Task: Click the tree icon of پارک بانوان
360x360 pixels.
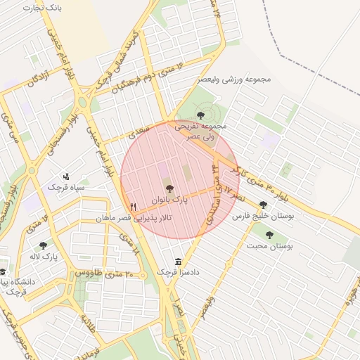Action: [x=169, y=188]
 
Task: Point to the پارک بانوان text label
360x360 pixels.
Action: [x=169, y=200]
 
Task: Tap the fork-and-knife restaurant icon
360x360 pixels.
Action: [x=133, y=207]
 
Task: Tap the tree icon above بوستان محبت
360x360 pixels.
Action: [x=269, y=234]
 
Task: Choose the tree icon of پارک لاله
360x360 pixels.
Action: [x=43, y=245]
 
